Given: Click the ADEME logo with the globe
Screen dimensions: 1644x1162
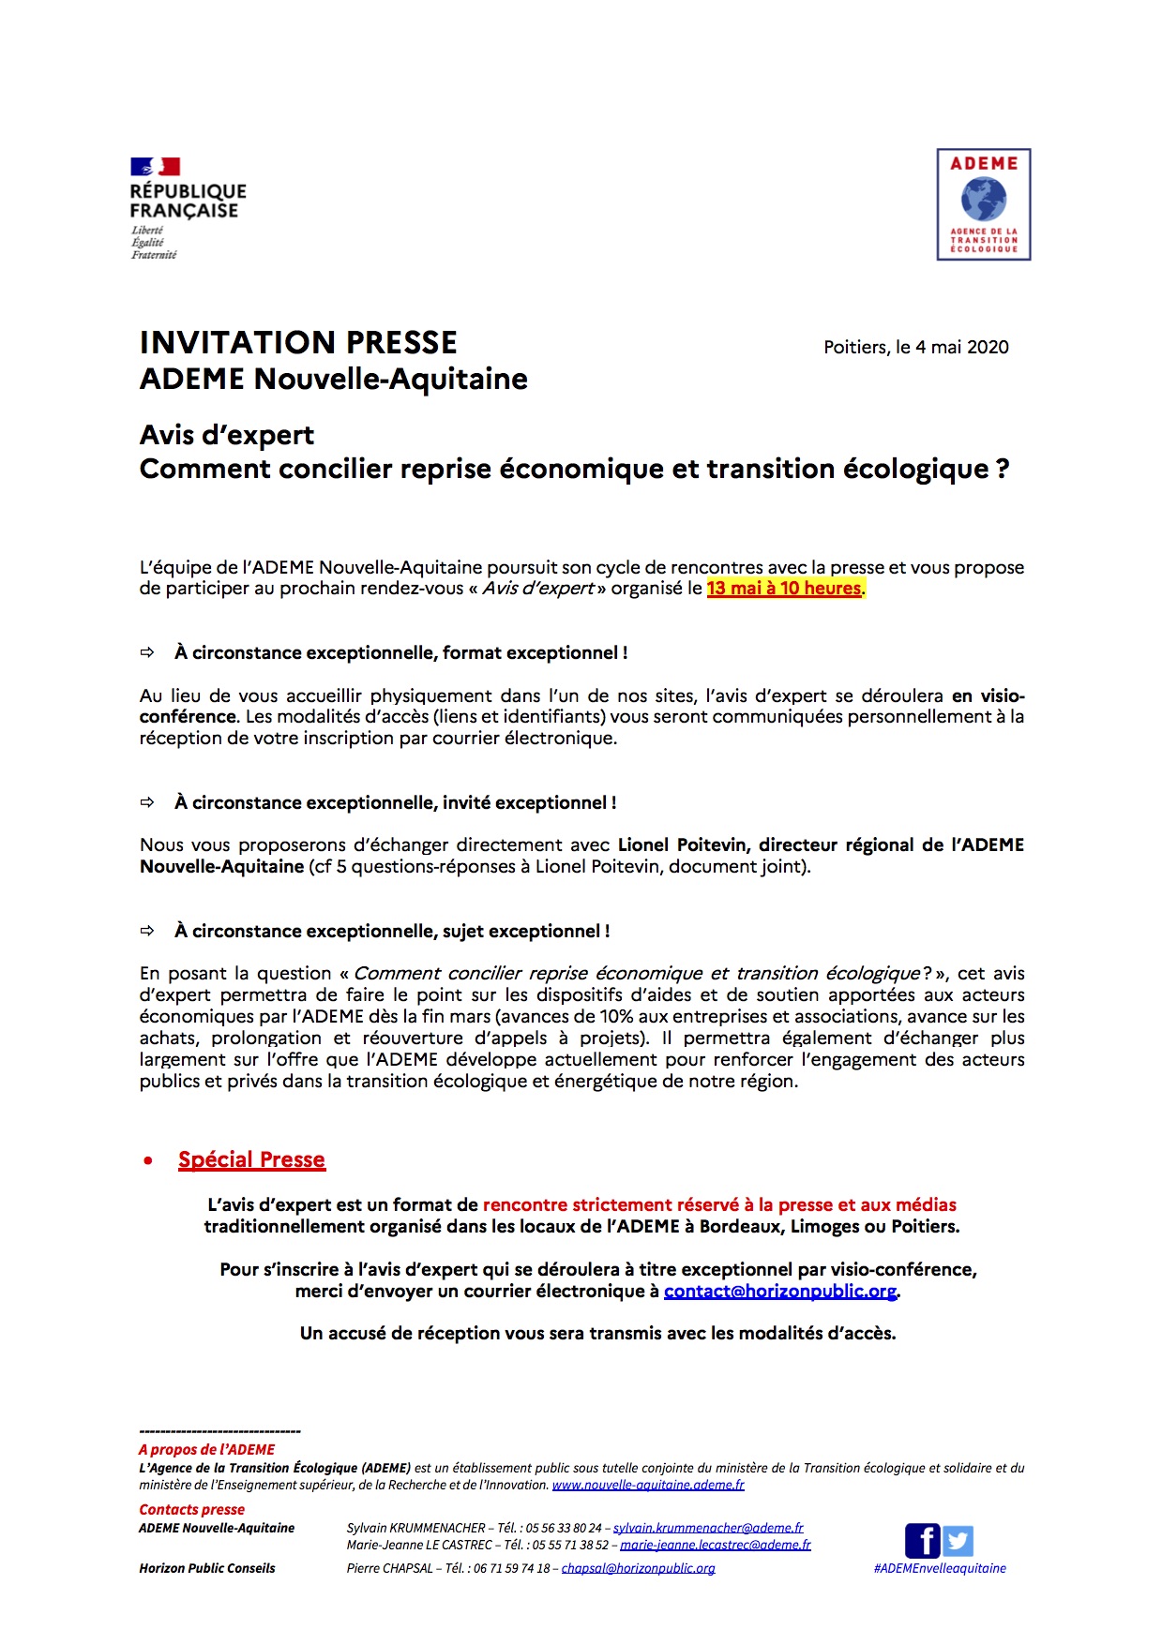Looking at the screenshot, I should pyautogui.click(x=983, y=204).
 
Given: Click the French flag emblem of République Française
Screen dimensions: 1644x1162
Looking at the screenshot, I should pyautogui.click(x=155, y=167).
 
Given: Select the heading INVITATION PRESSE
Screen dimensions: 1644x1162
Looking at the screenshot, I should pyautogui.click(x=298, y=342).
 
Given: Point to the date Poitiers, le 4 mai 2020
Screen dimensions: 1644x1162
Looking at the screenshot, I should pyautogui.click(x=915, y=347).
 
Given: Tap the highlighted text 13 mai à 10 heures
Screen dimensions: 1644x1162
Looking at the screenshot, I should pyautogui.click(x=784, y=589).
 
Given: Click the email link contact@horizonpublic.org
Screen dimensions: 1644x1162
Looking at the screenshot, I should pyautogui.click(x=780, y=1292).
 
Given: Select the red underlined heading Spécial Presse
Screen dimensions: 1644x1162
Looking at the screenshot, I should pyautogui.click(x=251, y=1159).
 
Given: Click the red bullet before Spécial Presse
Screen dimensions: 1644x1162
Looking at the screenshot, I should pyautogui.click(x=148, y=1160).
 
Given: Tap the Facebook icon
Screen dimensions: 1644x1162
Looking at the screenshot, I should pyautogui.click(x=922, y=1540).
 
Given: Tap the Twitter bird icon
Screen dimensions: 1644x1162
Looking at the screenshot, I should pyautogui.click(x=958, y=1540).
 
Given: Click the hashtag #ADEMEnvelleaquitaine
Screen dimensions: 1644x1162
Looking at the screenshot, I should pyautogui.click(x=939, y=1568).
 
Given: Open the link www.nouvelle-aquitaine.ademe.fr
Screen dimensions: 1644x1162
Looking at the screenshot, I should pyautogui.click(x=648, y=1485).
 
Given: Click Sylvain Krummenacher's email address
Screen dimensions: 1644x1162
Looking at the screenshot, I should pyautogui.click(x=708, y=1528).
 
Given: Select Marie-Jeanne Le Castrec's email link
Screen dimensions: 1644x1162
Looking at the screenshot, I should pyautogui.click(x=716, y=1545).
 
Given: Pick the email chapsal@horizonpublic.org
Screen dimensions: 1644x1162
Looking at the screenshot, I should pyautogui.click(x=638, y=1568).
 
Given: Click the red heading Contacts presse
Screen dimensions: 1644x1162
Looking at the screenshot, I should pyautogui.click(x=191, y=1509).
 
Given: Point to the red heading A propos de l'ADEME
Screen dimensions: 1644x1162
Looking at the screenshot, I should pyautogui.click(x=206, y=1449).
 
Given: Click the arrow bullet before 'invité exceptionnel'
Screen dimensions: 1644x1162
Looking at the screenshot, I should pyautogui.click(x=147, y=802).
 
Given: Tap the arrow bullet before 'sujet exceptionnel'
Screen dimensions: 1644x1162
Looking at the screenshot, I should pyautogui.click(x=147, y=931).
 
